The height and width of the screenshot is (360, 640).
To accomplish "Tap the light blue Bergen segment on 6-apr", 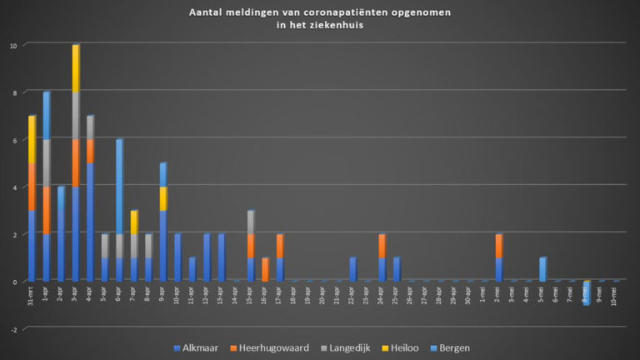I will pos(119,186).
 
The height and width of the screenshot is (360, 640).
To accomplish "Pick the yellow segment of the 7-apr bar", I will pos(134,222).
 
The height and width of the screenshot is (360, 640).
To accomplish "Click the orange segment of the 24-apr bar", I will pos(382,246).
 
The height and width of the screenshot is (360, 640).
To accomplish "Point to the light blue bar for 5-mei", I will pos(542,268).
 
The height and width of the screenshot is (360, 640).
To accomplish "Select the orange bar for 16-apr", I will pos(265,269).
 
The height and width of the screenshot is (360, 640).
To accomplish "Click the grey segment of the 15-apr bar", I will pos(250,222).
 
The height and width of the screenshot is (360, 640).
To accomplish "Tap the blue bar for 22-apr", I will pos(352,269).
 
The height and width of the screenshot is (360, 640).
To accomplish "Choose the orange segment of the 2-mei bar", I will pos(498,246).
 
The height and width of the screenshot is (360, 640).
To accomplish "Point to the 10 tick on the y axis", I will pos(12,44).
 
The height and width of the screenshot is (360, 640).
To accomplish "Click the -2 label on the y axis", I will pos(12,329).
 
